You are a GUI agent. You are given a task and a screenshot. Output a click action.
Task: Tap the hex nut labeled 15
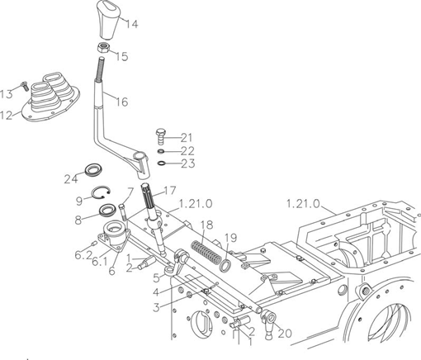103,48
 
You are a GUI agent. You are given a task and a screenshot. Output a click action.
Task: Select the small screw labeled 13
25,86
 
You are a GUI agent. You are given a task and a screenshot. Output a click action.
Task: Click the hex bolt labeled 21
160,135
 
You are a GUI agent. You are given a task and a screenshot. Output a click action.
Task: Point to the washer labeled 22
161,151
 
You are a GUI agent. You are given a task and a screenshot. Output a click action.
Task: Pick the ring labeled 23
162,163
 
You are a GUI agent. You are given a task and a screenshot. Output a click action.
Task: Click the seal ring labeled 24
93,170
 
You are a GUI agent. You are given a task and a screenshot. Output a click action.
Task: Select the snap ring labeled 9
101,192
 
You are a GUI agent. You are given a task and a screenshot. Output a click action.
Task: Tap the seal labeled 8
107,210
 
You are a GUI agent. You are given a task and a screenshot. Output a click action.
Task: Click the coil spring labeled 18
206,252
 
